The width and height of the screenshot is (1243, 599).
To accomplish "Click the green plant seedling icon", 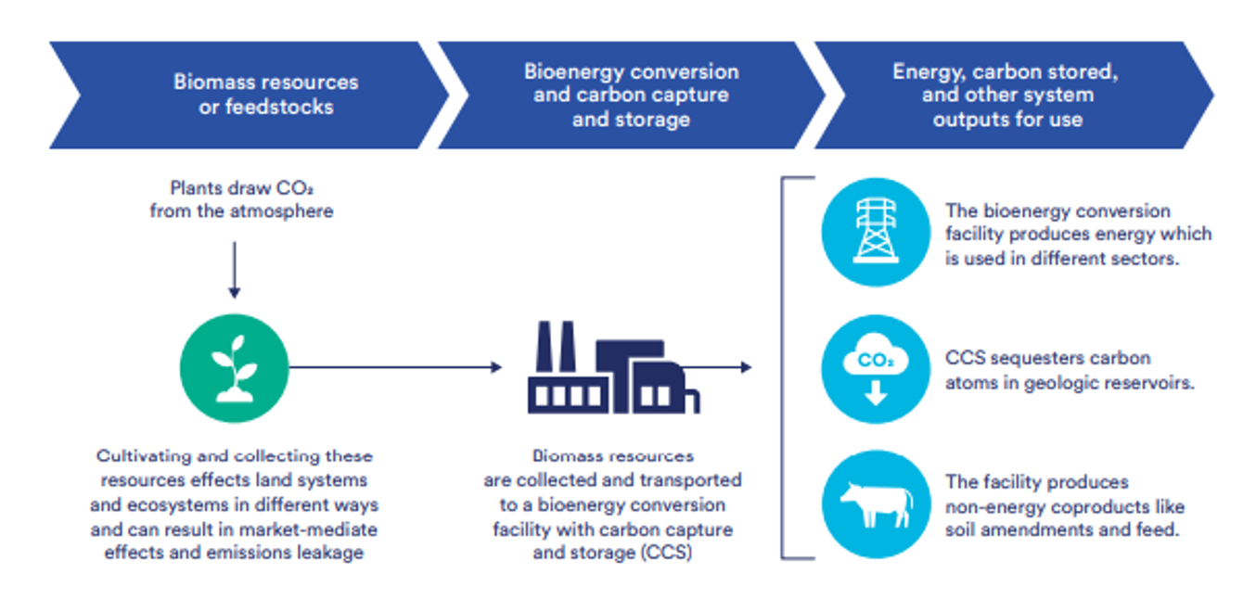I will (x=234, y=367).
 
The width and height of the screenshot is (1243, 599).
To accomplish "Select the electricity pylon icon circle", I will (x=876, y=232).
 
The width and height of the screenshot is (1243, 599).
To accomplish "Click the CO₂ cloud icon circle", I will (x=876, y=369).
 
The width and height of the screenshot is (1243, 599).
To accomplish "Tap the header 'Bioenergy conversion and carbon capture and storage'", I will (x=631, y=95).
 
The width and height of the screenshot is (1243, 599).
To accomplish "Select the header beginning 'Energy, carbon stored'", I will (x=1006, y=95).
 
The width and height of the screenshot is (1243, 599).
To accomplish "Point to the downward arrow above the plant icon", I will (x=234, y=269).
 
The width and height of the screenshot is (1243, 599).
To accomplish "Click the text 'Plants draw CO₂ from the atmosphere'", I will (x=241, y=199).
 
